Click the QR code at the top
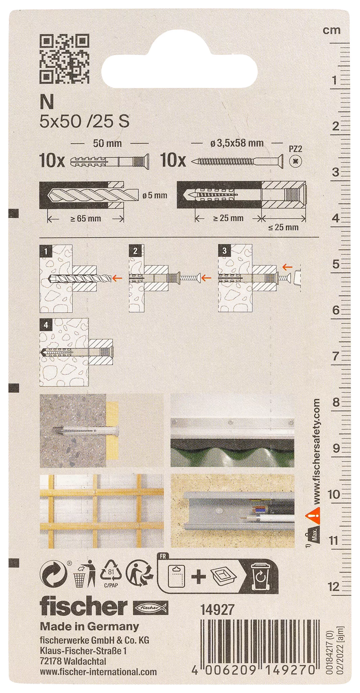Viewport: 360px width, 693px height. (65, 58)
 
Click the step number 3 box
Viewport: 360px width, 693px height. (224, 251)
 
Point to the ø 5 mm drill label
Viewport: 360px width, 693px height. (155, 196)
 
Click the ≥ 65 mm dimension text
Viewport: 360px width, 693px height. (86, 218)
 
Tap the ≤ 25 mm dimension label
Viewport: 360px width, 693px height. (284, 227)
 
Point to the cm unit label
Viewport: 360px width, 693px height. (332, 30)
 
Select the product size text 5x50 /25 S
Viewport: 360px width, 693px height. (84, 121)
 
